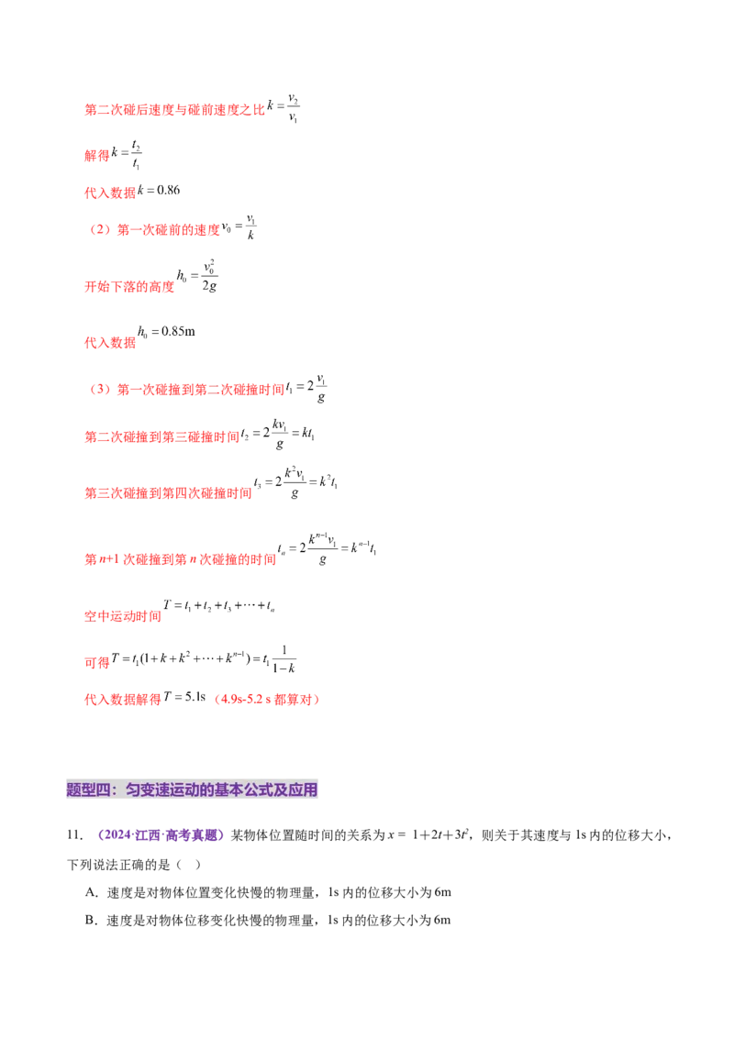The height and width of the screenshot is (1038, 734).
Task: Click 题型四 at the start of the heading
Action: (88, 790)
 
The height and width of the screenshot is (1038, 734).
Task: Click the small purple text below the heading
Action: (161, 835)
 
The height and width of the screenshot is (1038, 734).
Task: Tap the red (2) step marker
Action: (99, 231)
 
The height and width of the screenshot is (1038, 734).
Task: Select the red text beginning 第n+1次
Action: (179, 559)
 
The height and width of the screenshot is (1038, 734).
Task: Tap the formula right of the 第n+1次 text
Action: (327, 549)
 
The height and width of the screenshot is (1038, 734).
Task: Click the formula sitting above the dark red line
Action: (217, 603)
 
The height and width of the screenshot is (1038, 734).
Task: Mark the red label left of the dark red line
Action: (121, 616)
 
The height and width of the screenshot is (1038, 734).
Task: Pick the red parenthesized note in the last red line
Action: (267, 700)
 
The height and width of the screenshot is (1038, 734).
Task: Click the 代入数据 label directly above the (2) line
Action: (109, 193)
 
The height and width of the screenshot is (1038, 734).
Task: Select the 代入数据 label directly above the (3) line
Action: (110, 342)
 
